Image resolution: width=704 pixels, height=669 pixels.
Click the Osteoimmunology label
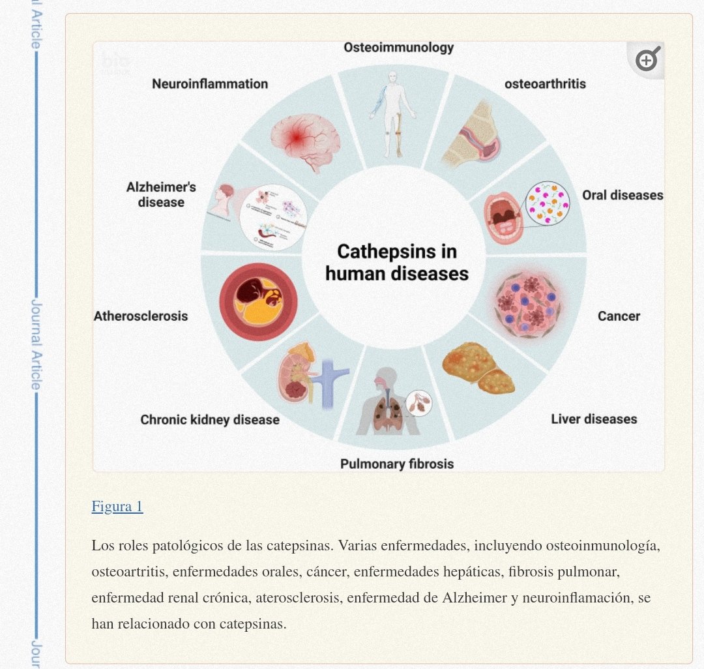click(398, 48)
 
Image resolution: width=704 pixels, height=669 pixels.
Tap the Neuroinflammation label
click(210, 84)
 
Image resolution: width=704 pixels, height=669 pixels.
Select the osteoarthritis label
click(545, 84)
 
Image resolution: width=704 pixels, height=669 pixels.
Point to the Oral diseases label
click(622, 195)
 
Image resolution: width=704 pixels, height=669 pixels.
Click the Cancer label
click(619, 316)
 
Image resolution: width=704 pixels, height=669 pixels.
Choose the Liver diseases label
click(594, 419)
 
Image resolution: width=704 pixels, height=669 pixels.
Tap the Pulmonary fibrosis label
click(396, 464)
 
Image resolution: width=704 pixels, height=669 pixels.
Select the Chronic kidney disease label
click(210, 419)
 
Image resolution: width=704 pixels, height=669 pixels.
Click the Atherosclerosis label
click(141, 316)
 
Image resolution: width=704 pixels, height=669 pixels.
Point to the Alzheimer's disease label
click(161, 195)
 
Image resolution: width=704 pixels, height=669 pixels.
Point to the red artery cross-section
click(258, 302)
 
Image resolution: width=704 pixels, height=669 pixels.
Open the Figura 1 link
click(117, 507)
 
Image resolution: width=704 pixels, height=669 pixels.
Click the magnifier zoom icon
click(647, 61)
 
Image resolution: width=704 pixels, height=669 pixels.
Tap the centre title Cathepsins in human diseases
click(397, 262)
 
